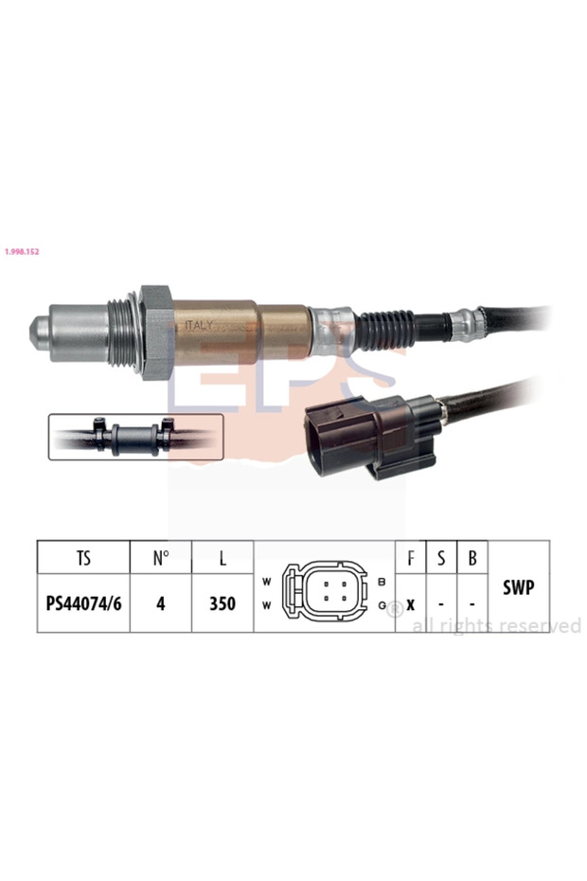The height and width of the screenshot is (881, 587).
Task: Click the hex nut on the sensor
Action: tap(155, 332)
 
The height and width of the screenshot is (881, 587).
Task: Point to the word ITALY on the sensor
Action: tap(199, 325)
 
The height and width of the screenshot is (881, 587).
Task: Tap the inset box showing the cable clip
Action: tap(135, 437)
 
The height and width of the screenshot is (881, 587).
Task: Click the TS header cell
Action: tap(83, 558)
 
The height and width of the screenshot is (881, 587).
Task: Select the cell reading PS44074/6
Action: tap(83, 603)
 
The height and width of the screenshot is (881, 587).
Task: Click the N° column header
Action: tap(161, 558)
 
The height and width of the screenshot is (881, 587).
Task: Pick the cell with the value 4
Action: tap(161, 603)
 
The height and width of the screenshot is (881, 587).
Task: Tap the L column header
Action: tap(222, 558)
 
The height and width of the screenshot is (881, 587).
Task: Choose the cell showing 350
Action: tap(222, 603)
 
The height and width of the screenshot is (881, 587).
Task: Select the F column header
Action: tap(410, 558)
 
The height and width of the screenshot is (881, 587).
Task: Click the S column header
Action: tap(441, 558)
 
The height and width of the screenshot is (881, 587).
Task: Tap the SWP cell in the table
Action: tap(519, 587)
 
